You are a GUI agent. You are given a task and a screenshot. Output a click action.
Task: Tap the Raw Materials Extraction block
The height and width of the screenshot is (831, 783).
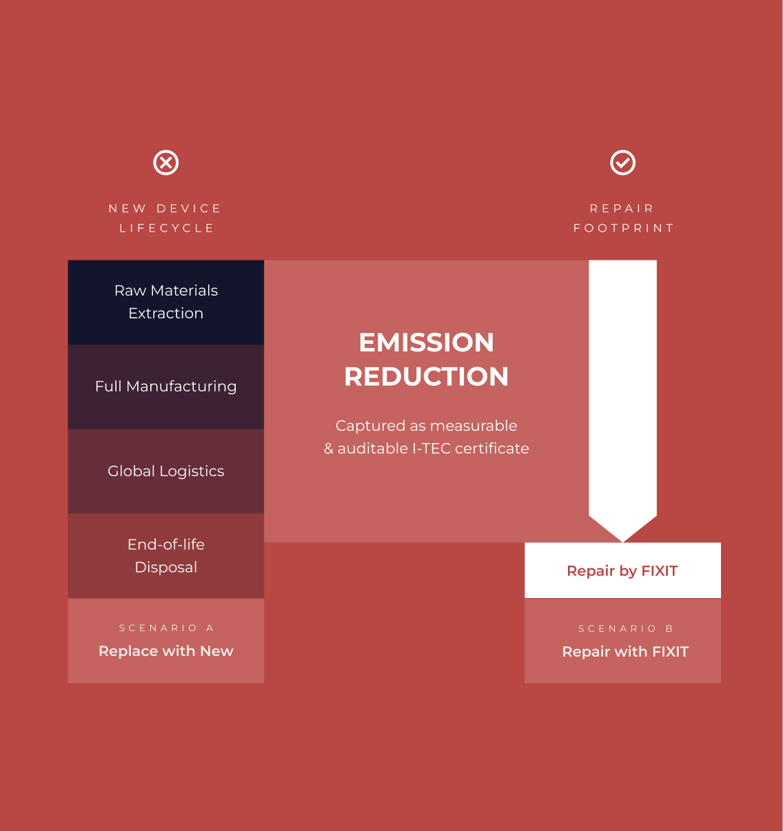[x=166, y=302]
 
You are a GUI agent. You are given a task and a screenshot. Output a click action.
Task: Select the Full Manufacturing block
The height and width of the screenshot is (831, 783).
[x=166, y=387]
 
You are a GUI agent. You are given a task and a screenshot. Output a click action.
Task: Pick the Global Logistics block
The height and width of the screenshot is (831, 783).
[x=166, y=471]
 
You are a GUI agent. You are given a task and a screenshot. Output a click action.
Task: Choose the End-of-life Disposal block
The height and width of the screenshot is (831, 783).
[x=166, y=556]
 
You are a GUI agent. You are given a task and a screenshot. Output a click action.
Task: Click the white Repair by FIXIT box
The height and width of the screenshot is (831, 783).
[x=622, y=571]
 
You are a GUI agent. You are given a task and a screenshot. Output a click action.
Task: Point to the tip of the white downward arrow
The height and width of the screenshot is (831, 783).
[x=622, y=542]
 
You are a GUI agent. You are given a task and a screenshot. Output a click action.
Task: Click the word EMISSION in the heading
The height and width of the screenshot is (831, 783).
[x=426, y=342]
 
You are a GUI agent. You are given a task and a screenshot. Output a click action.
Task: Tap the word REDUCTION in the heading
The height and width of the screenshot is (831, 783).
[x=426, y=376]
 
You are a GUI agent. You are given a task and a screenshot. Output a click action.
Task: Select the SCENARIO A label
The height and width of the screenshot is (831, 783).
[x=167, y=628]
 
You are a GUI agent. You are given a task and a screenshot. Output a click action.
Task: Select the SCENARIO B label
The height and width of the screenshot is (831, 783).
[x=626, y=628]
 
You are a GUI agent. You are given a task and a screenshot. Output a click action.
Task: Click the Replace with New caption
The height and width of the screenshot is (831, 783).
[x=166, y=651]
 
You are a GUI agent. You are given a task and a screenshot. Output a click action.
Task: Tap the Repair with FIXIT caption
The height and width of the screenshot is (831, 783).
[x=625, y=651]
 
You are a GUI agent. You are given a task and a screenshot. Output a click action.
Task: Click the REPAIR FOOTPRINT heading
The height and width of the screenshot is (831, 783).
[x=624, y=218]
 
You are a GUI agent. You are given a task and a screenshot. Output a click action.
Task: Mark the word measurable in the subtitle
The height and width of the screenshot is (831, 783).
[x=474, y=426]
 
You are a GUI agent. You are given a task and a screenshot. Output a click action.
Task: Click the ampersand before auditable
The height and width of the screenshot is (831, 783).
[x=329, y=449]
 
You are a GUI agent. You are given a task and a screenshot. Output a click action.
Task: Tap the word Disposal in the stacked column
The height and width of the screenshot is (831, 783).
[x=166, y=567]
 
